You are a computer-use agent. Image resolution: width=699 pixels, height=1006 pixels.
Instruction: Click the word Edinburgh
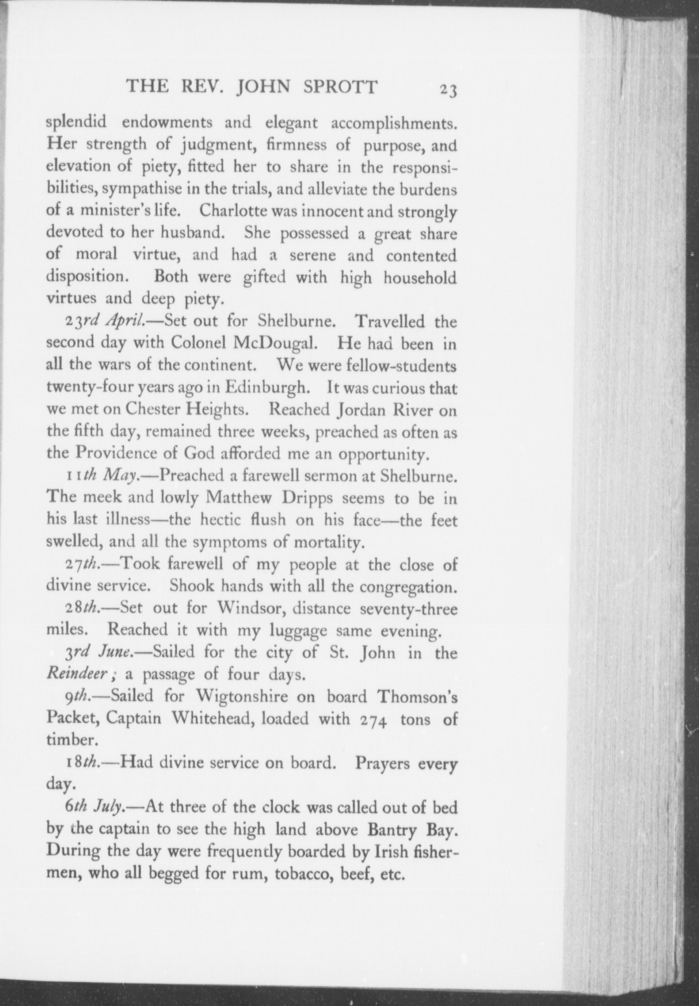tap(270, 387)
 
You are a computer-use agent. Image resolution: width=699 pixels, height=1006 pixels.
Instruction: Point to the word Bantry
tap(388, 829)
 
